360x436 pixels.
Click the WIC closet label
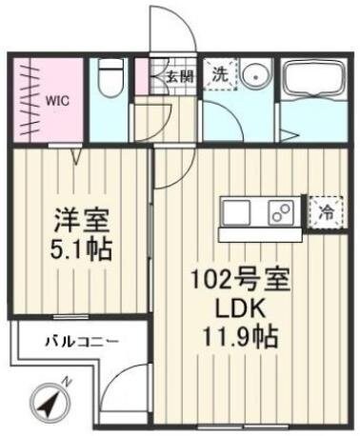[x=51, y=96]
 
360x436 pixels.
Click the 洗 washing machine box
[x=218, y=74]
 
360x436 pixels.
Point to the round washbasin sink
[x=253, y=77]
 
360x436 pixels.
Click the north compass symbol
[x=52, y=400]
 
